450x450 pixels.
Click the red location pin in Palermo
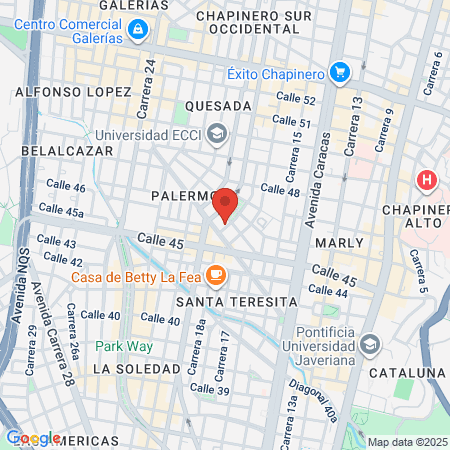coord(226,204)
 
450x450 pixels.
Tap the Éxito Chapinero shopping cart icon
coord(341,72)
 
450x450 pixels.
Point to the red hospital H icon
coord(427,181)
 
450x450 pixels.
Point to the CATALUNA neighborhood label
coord(405,372)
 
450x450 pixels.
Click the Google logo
coord(33,438)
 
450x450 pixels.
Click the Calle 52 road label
coord(296,100)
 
